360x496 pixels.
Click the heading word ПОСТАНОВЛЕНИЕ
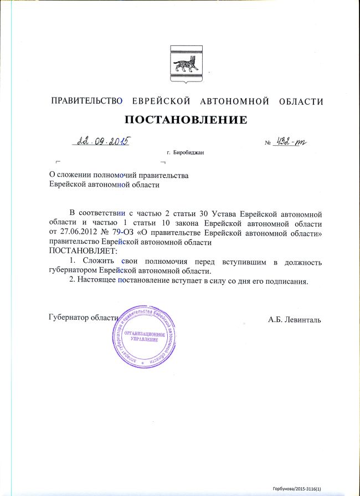[185, 120]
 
